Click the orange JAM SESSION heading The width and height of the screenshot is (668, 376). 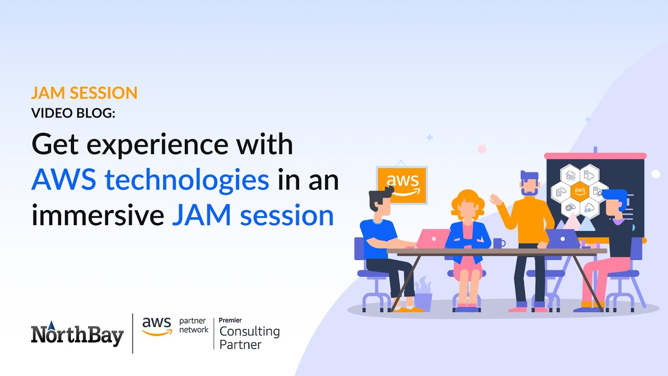[84, 93]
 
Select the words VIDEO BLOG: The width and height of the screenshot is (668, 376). [73, 113]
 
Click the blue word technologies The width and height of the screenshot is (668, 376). [187, 180]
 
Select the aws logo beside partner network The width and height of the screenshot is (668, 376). [157, 326]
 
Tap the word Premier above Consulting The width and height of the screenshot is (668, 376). [230, 320]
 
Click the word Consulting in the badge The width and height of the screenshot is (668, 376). [249, 331]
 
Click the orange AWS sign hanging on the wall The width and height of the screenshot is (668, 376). [402, 185]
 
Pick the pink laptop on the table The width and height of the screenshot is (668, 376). [433, 239]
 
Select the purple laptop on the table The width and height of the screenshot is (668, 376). [563, 239]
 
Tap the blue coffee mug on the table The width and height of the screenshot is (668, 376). [499, 243]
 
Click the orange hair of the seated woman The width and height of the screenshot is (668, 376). [464, 201]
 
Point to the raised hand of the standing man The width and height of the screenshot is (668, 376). [494, 199]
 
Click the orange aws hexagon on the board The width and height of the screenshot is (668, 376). [579, 191]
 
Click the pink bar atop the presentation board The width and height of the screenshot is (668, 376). [595, 156]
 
